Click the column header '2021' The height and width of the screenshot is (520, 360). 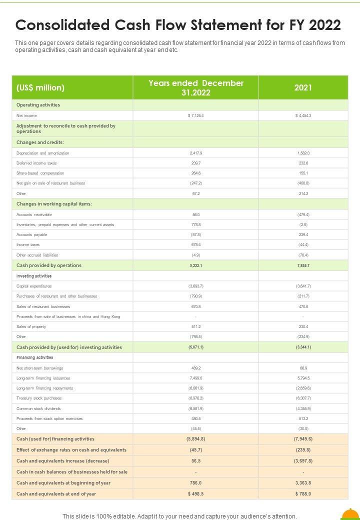303,87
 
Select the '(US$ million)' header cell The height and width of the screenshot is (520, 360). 40,87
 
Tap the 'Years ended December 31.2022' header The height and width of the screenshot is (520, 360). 195,87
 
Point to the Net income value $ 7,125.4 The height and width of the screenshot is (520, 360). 195,115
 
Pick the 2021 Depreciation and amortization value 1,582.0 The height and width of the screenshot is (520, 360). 303,153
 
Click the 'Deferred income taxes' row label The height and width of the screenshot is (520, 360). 36,163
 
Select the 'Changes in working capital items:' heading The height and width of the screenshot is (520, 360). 54,203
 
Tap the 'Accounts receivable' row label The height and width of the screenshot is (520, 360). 34,214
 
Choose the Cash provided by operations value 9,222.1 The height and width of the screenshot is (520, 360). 195,265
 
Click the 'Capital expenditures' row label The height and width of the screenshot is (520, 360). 34,286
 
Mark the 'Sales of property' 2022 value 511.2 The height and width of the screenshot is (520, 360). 195,326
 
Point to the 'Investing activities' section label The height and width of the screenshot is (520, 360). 34,276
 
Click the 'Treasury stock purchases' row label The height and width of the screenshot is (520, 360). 39,398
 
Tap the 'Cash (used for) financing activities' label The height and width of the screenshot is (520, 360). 55,439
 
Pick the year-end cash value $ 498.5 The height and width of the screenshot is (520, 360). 195,494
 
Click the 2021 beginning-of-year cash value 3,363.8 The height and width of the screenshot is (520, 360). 303,483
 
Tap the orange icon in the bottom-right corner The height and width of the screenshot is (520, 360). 350,514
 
